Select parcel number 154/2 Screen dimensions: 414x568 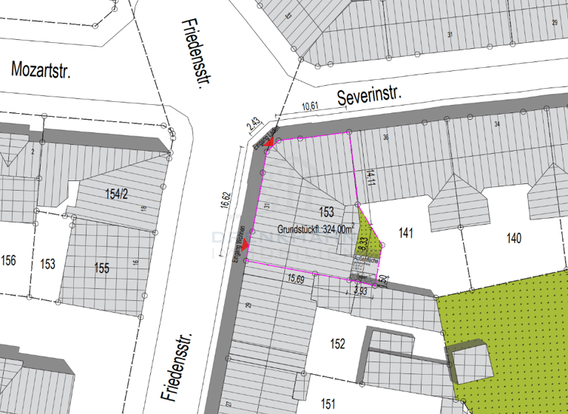tap(117, 194)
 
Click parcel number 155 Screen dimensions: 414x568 tap(101, 268)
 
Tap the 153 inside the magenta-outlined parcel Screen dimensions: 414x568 tap(326, 213)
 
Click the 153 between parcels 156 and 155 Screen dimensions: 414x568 tap(48, 264)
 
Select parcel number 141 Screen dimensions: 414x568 tap(405, 234)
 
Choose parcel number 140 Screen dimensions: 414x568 tap(514, 238)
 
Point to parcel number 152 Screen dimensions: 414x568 tap(337, 344)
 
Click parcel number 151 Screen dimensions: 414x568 tap(328, 402)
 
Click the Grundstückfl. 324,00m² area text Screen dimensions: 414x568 tap(316, 228)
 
